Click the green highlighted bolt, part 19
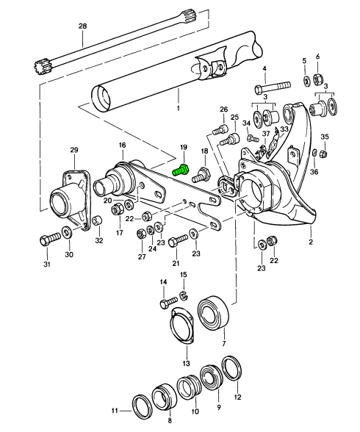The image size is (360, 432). tap(180, 170)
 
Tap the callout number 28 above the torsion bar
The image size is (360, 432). tap(82, 26)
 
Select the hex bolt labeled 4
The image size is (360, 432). tap(273, 87)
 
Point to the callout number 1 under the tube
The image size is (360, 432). tap(179, 108)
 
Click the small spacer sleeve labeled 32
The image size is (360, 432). tap(97, 220)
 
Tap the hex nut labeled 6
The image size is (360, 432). tap(317, 79)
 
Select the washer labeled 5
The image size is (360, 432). tap(306, 81)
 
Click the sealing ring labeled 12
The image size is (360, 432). tap(231, 369)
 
